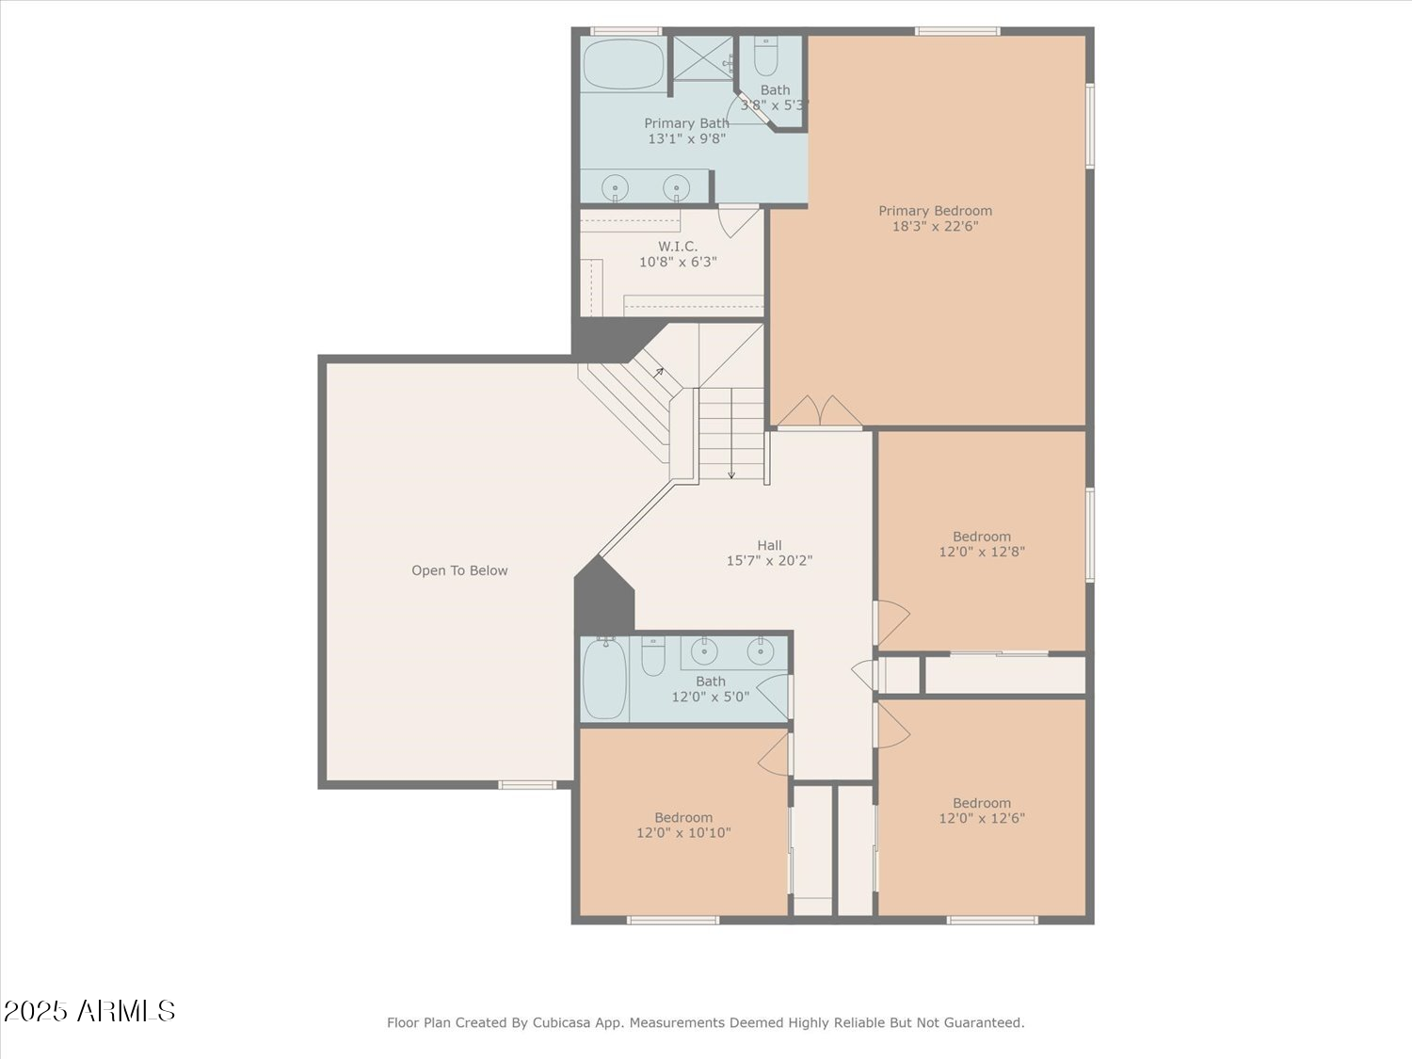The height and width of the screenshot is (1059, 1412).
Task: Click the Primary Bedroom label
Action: coord(935,211)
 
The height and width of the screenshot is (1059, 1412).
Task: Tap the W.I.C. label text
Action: coord(678,247)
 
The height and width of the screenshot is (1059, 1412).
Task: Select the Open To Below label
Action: coord(459,570)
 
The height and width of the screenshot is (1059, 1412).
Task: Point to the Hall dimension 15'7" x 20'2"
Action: coord(769,561)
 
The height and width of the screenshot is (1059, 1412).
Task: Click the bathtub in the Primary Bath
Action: coord(623,64)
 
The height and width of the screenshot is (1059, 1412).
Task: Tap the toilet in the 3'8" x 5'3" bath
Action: coord(765,56)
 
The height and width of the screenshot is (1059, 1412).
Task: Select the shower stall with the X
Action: coord(703,57)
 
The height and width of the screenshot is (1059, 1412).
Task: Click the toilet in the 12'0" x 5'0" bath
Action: coord(653,656)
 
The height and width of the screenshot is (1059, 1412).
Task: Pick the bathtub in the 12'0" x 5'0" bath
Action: coord(604,679)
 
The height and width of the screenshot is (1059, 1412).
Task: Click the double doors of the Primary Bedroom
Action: coord(820,411)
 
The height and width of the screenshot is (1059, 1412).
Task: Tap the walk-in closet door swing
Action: coord(738,220)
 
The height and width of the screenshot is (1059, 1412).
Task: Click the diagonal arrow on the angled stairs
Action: coord(659,372)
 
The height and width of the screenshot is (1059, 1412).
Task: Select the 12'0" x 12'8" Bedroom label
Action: coord(982,537)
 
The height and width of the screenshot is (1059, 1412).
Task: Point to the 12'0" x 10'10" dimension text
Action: coord(683,833)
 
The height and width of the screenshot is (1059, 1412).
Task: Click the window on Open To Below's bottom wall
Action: coord(527,785)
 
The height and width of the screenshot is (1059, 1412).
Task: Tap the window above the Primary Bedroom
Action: coord(957,31)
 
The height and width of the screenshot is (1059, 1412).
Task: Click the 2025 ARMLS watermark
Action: coord(89,1011)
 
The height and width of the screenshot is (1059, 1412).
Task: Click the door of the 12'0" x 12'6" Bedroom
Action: coord(892,725)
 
